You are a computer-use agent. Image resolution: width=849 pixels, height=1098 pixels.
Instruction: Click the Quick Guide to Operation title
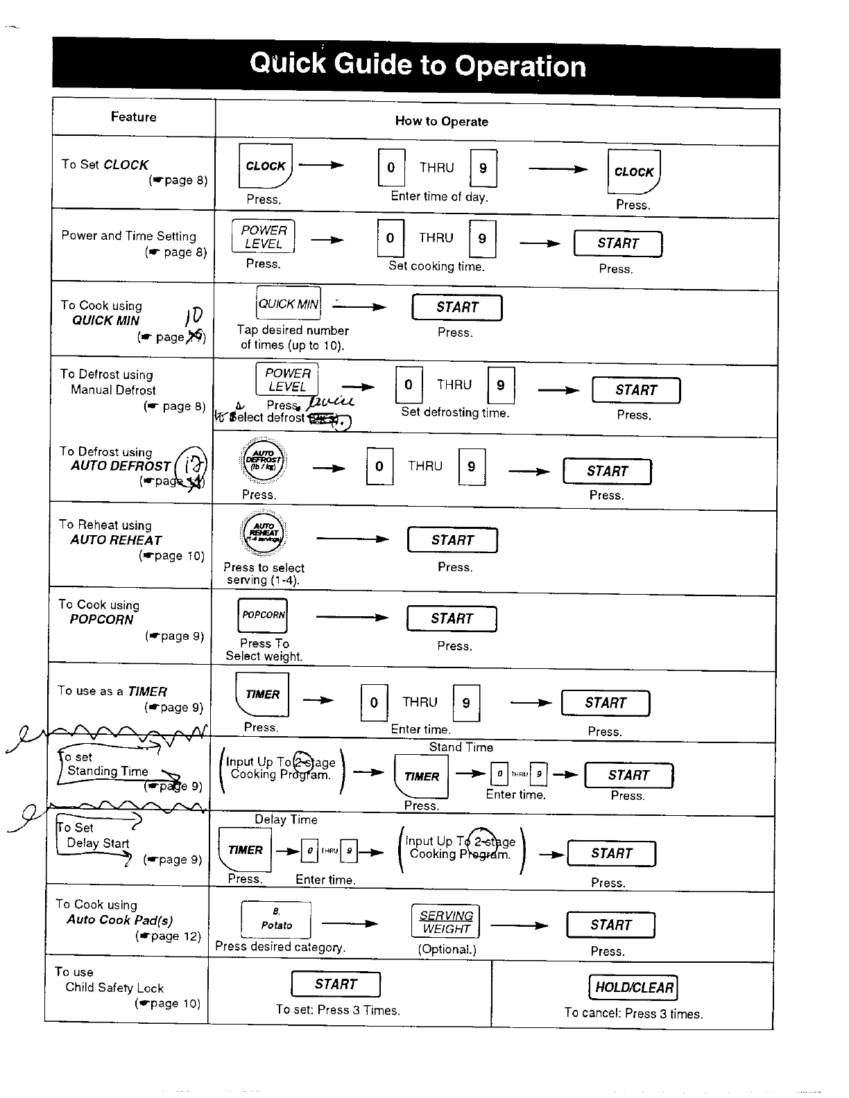[418, 65]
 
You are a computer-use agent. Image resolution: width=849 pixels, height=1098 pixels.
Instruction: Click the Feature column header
[133, 116]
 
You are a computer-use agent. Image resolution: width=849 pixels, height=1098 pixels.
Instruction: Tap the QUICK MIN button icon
[289, 304]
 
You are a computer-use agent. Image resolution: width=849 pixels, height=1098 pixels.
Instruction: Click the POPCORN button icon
[263, 615]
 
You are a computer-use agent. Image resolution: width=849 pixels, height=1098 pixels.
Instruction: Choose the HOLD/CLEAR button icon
[633, 987]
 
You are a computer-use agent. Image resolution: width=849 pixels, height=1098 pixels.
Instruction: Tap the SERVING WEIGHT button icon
[447, 922]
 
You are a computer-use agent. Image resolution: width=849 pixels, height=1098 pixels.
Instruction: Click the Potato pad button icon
[276, 920]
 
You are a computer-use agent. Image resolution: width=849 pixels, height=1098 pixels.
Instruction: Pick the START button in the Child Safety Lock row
[336, 984]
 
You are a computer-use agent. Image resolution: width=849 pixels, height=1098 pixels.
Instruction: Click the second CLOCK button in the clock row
[633, 172]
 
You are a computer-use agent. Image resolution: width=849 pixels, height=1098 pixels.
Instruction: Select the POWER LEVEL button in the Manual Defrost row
[287, 379]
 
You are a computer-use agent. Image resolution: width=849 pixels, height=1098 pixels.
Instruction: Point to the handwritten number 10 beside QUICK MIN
[194, 316]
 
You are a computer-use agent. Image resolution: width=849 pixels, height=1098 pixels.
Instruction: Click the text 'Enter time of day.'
[439, 196]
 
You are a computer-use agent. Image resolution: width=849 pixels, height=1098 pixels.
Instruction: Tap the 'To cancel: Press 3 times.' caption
[633, 1013]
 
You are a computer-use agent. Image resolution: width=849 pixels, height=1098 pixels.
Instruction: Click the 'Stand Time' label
[461, 747]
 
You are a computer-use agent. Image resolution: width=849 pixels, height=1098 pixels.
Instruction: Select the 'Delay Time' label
[286, 819]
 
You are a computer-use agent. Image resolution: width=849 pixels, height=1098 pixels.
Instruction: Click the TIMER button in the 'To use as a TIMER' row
[262, 695]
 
